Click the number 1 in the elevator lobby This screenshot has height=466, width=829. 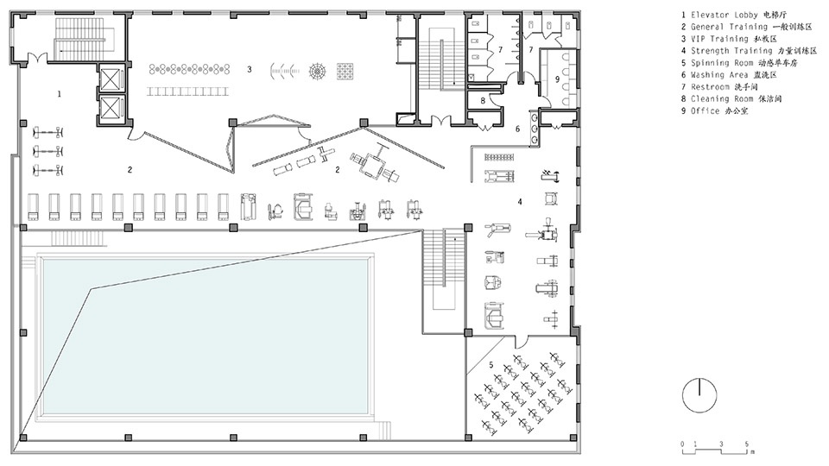(60, 94)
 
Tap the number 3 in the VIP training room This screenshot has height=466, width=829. (250, 69)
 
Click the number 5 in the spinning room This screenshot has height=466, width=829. (491, 365)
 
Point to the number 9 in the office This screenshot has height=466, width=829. (557, 79)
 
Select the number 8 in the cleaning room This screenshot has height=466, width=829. (483, 100)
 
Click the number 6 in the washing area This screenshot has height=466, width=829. (517, 129)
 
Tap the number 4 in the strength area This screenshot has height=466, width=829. (520, 201)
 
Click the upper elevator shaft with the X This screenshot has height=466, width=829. (111, 79)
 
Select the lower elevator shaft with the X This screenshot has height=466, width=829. (111, 109)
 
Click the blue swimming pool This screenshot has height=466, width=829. (206, 336)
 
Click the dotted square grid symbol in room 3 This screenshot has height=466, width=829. (345, 70)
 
